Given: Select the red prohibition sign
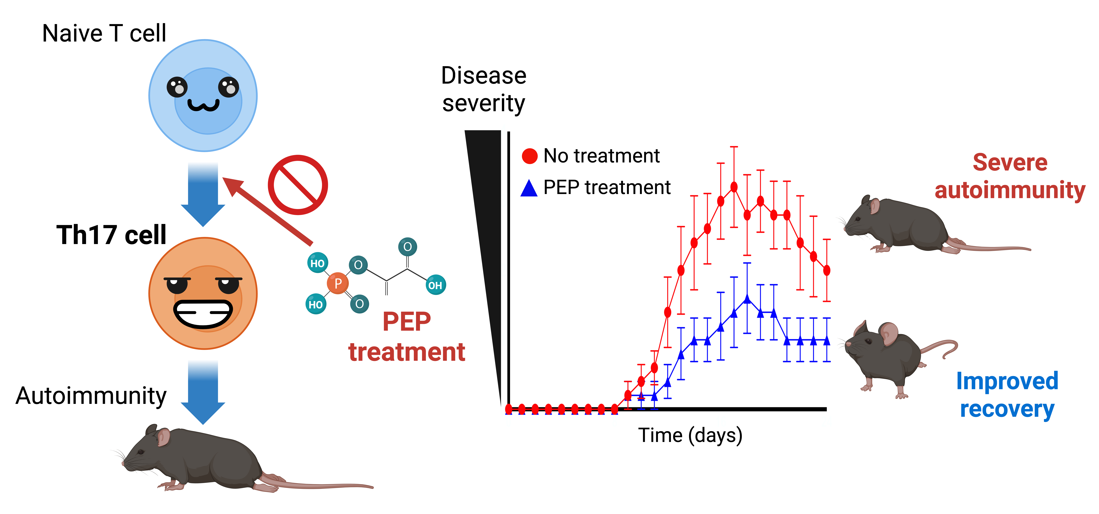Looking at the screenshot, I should [x=298, y=185].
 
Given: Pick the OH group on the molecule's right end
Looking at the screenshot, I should [x=435, y=285].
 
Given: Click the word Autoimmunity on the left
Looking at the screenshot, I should [x=91, y=396].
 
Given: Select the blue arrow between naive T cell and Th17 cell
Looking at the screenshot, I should [x=203, y=194].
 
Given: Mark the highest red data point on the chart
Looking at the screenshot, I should [x=734, y=187].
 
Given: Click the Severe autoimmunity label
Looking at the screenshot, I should [x=1010, y=176].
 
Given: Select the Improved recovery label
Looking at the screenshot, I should [x=1007, y=395].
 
